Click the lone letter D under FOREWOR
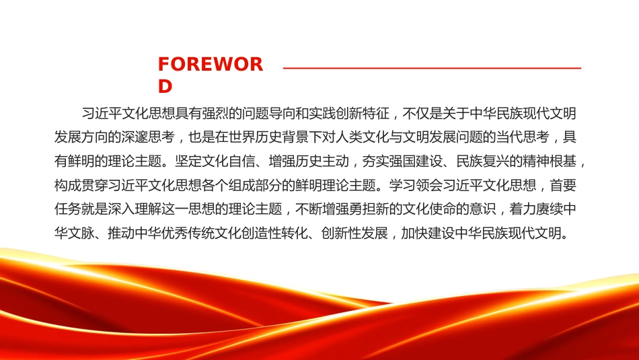[x=165, y=86]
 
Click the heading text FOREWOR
[x=211, y=65]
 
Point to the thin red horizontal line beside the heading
[x=432, y=68]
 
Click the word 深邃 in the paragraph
[x=135, y=137]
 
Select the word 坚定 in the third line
[x=188, y=161]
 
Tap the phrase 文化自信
[x=228, y=161]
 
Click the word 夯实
[x=375, y=161]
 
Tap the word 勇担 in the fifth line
[x=362, y=209]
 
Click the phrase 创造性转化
[x=275, y=233]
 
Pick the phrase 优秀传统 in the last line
[x=188, y=233]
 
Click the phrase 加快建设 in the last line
[x=428, y=233]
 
